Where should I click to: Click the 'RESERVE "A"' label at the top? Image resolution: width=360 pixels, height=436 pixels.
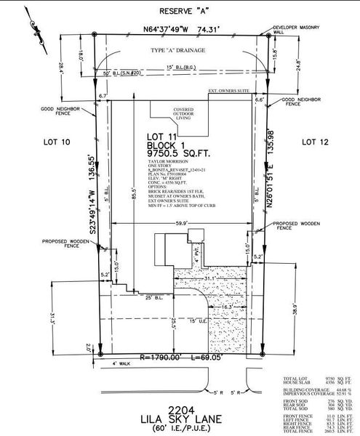pos(180,12)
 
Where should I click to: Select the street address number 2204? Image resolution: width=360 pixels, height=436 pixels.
pos(179,408)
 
